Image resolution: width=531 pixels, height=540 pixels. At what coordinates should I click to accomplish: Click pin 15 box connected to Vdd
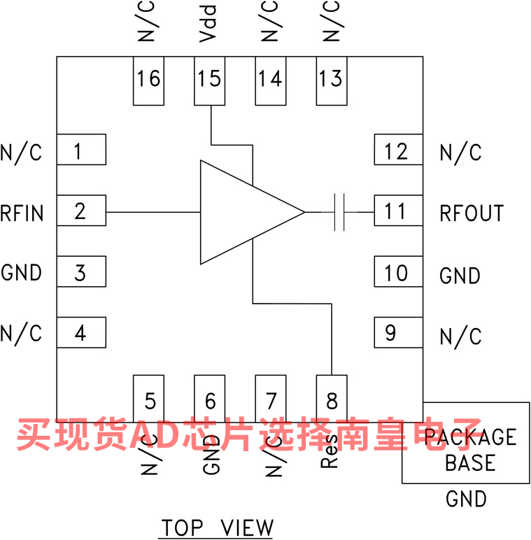coord(209,80)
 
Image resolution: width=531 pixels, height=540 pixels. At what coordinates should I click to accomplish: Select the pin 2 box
coord(81,211)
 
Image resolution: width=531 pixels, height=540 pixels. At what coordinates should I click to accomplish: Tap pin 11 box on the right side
coord(397,211)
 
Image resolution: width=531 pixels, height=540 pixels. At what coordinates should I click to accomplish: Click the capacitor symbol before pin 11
coord(340,211)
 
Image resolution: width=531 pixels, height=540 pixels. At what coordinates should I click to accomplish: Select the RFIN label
coord(22,212)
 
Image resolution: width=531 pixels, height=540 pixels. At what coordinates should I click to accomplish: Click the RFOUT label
coord(472,213)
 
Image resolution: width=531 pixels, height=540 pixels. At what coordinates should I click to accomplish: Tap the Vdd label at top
coord(208,23)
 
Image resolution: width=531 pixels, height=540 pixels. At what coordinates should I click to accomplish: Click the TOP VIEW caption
coord(217,527)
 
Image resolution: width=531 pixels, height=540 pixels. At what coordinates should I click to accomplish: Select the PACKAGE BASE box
coord(465,442)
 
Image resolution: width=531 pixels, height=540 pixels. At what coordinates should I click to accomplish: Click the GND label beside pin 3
coord(22,273)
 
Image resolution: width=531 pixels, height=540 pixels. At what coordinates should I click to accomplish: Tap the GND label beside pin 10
coord(460,276)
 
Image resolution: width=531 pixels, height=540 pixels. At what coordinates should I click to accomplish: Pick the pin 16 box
coord(148,80)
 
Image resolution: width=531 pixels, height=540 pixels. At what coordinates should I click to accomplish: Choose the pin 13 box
coord(331,80)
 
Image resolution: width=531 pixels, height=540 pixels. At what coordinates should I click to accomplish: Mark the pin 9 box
coord(397,332)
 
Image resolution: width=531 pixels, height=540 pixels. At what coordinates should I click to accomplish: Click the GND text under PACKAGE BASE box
coord(466,499)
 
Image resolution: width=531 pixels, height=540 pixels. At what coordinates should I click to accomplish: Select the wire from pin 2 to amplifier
coord(153,211)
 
